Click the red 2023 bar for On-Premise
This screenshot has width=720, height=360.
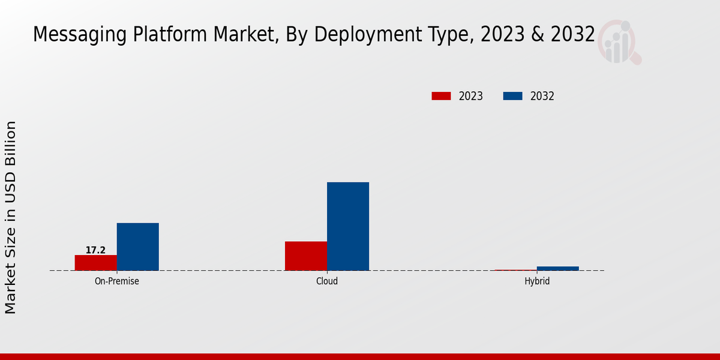tap(96, 263)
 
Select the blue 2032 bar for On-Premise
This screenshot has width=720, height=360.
tap(138, 247)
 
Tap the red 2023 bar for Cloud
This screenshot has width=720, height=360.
tap(306, 256)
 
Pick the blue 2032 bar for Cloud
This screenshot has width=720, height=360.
tap(348, 226)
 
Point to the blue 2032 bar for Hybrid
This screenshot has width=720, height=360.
tap(558, 268)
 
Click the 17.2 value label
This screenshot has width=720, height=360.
tap(95, 250)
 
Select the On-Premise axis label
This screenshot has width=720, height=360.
tap(117, 281)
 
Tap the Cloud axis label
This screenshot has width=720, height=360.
tap(327, 281)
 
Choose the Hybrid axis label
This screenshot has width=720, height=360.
tap(537, 281)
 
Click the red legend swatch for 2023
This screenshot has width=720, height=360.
tap(441, 96)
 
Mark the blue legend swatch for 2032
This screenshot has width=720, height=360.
tap(512, 96)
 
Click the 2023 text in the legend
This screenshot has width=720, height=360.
tap(471, 96)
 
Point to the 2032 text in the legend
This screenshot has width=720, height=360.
tap(542, 96)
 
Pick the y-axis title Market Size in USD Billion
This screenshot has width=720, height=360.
tap(11, 217)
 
